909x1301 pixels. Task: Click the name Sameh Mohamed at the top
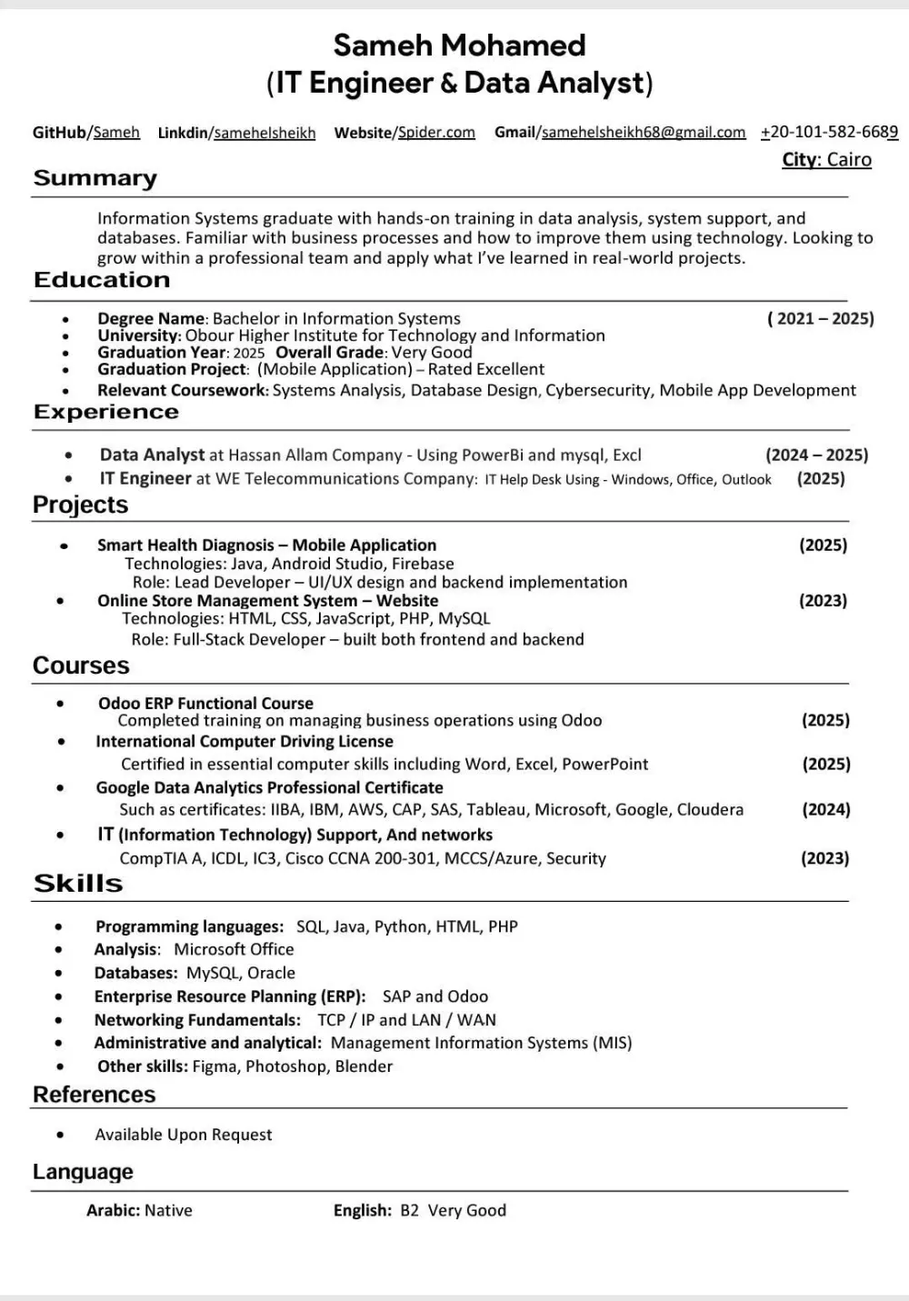[x=459, y=45]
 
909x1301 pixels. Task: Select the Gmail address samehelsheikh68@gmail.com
[x=644, y=133]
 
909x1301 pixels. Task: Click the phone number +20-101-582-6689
[x=829, y=133]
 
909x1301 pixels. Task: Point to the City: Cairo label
[x=826, y=160]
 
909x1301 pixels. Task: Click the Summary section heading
[x=95, y=178]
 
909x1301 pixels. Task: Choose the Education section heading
[x=102, y=280]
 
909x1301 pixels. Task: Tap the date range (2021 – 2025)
[x=820, y=319]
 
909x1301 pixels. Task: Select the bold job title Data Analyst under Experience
[x=152, y=455]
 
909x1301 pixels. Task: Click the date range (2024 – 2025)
[x=816, y=455]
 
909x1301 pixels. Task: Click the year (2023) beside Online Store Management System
[x=823, y=601]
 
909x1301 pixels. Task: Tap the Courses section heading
[x=81, y=666]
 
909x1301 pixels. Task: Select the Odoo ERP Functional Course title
[x=205, y=704]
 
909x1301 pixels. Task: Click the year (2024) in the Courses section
[x=825, y=810]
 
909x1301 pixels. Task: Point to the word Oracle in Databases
[x=271, y=973]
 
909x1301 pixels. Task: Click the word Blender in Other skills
[x=364, y=1066]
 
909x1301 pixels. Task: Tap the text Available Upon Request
[x=184, y=1135]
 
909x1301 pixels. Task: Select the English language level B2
[x=409, y=1211]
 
